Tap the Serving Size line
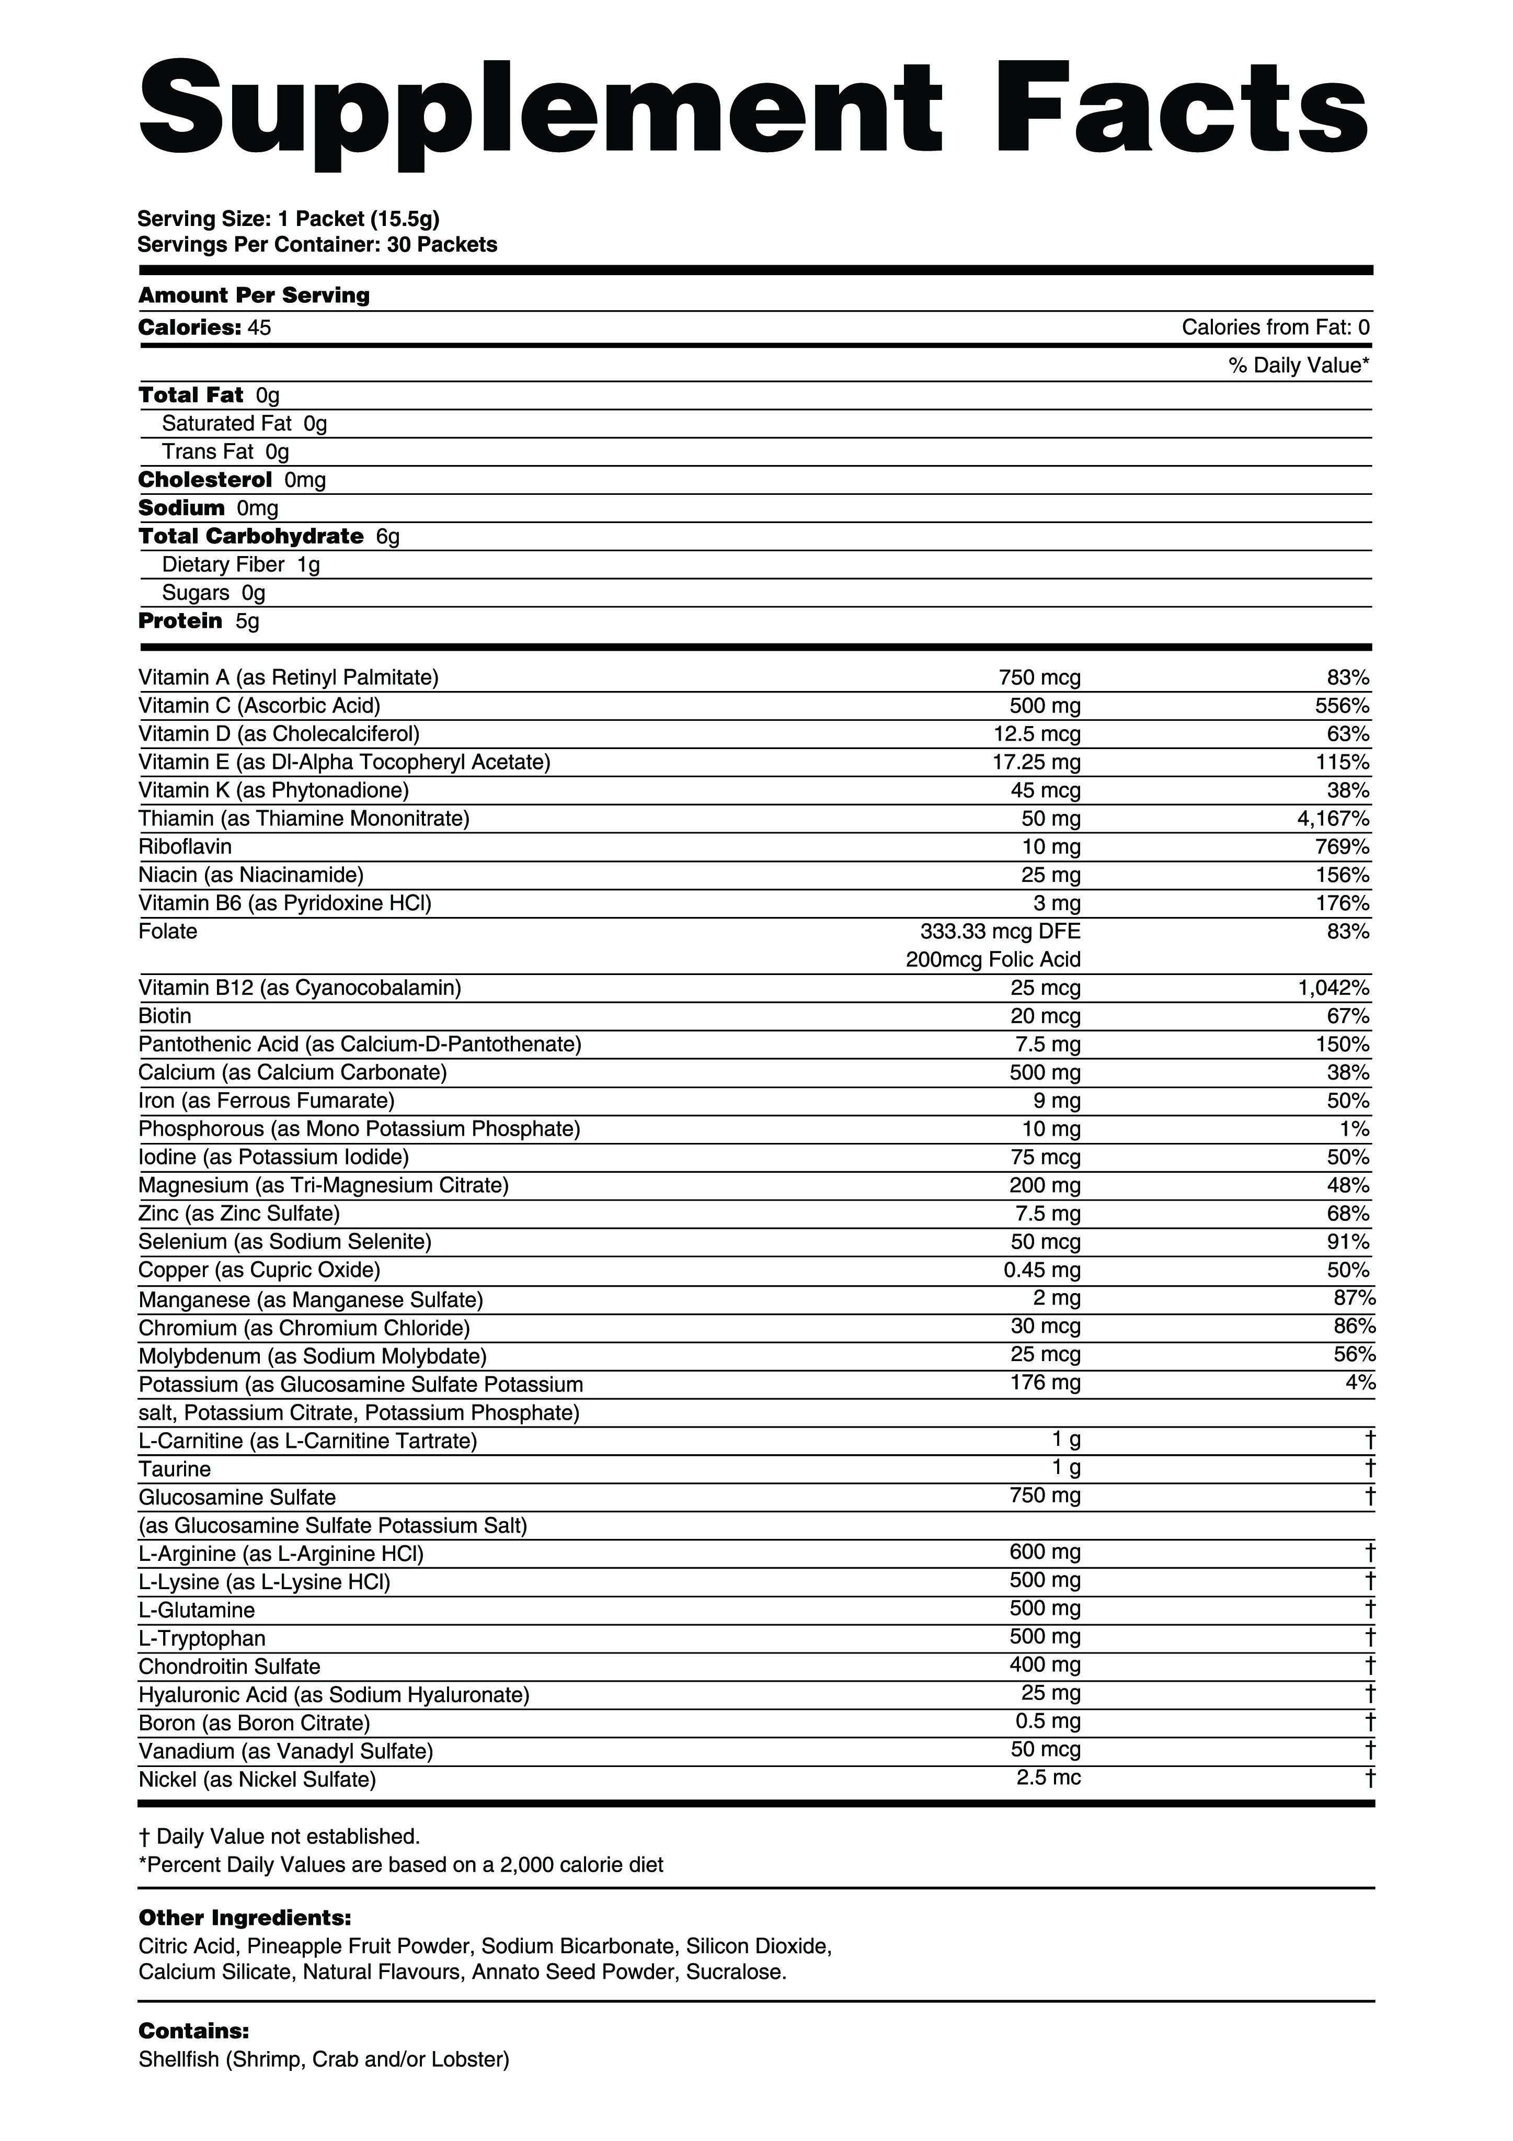[288, 219]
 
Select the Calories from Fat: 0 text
[1275, 327]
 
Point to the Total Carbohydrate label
[251, 536]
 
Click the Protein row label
[181, 621]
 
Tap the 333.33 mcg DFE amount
[1000, 932]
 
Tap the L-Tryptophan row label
[202, 1638]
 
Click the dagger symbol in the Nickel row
[1369, 1778]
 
